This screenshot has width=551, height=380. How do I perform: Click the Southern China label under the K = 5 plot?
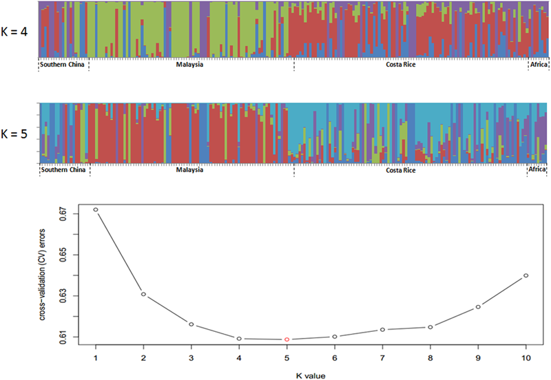click(x=63, y=170)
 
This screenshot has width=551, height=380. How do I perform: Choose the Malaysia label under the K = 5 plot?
click(x=189, y=170)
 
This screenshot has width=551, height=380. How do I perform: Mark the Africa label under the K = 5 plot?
click(x=537, y=170)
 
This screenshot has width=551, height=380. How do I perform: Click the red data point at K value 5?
click(x=287, y=339)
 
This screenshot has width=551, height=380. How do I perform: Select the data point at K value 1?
click(x=95, y=209)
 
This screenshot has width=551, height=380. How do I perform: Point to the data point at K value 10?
click(x=526, y=275)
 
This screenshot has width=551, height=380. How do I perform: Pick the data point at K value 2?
click(x=143, y=294)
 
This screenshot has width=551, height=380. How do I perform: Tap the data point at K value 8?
click(x=430, y=327)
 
